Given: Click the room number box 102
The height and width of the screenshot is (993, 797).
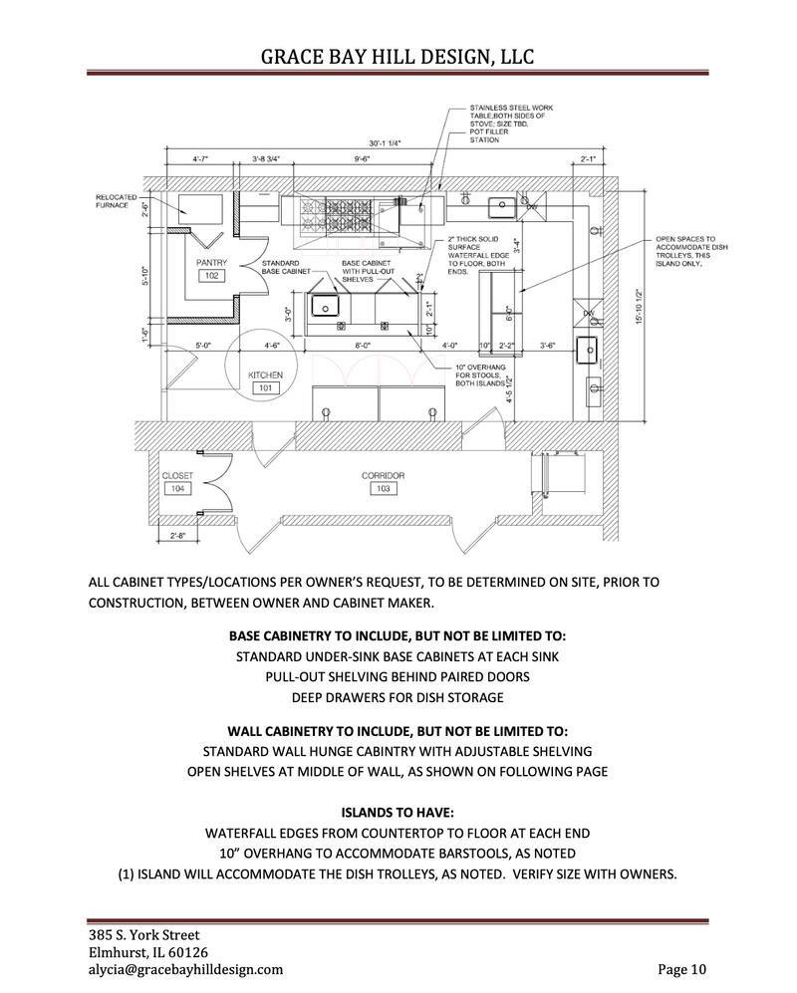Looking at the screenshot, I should point(211,276).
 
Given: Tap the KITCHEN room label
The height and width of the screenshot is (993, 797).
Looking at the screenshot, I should point(265,374).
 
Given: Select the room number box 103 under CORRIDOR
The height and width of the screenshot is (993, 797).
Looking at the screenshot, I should point(383,489).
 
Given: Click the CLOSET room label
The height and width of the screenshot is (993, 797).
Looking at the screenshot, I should point(177,476).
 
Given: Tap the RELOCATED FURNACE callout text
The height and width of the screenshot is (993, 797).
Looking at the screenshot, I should point(117,200).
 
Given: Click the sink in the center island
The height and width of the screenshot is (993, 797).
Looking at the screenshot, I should point(326,304).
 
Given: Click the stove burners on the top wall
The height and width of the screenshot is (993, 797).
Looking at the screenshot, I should point(333,211).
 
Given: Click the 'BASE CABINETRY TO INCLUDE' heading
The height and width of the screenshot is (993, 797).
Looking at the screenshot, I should point(398,634).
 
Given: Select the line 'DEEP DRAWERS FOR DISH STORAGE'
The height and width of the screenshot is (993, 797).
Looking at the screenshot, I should point(398,697).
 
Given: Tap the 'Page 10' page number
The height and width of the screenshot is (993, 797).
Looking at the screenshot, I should point(682,968).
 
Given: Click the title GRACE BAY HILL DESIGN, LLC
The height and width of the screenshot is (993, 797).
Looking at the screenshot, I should point(398,57).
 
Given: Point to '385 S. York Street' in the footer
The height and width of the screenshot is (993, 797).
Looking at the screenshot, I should point(143,934).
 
